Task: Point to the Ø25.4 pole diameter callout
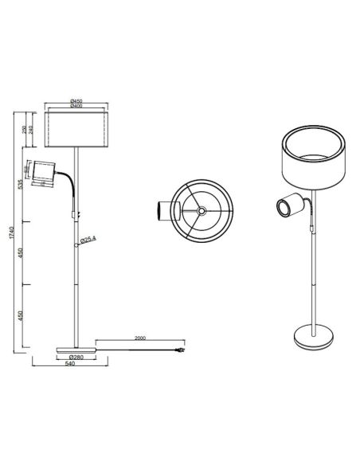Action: (x=88, y=239)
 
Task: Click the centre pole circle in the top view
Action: (x=202, y=210)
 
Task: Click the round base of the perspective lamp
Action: (x=311, y=337)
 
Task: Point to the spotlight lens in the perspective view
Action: (x=283, y=209)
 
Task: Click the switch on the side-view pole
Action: (x=77, y=213)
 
